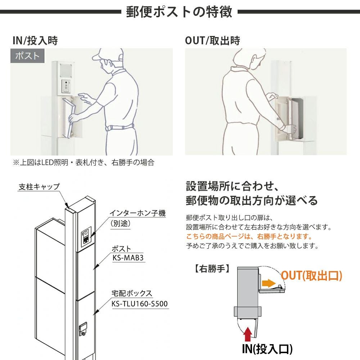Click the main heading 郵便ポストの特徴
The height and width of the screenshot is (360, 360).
179,12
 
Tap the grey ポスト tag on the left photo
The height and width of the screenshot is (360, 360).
27,56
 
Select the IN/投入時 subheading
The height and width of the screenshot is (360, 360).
35,41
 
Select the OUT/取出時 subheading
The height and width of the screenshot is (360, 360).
212,41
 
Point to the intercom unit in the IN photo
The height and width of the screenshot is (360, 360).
66,86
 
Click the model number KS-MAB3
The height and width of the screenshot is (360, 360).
128,258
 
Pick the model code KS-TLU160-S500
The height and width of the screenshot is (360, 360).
140,304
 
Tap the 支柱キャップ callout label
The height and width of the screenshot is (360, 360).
39,186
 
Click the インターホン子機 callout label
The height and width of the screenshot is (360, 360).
138,213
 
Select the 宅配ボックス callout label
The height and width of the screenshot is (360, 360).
132,293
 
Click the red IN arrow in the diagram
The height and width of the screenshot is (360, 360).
248,334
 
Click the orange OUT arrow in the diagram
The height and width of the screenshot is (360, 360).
269,283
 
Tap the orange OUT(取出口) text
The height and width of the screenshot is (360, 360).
311,275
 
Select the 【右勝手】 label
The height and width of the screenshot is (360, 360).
212,269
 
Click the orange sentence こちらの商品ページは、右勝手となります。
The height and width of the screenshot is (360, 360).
249,236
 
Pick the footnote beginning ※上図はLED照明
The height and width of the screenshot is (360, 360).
84,163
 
